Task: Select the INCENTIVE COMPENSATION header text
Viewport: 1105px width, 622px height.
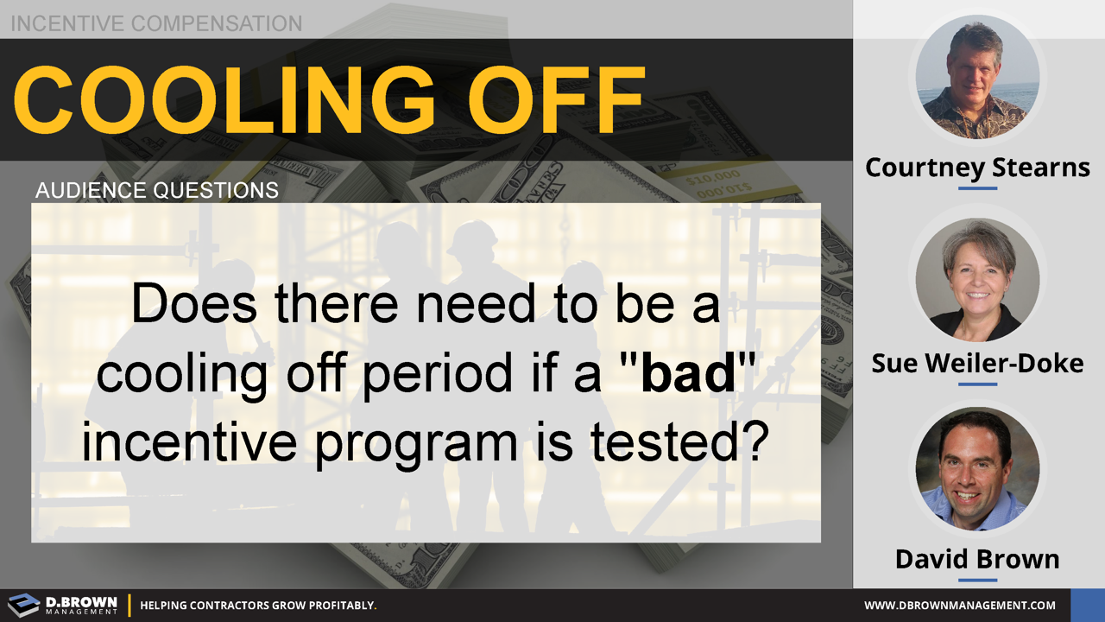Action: [x=156, y=23]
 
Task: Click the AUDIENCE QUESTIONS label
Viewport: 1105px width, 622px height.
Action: [x=157, y=191]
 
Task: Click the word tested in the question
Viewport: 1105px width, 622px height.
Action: [x=679, y=441]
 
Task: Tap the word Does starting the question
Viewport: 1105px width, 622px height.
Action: [x=194, y=303]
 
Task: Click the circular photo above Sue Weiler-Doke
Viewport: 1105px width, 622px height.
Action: [x=978, y=279]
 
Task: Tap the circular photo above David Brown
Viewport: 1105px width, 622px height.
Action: [x=978, y=469]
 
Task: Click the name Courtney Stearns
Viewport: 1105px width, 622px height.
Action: [x=978, y=168]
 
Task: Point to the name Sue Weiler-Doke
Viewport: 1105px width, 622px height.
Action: [x=978, y=364]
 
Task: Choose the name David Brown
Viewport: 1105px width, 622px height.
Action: [x=978, y=559]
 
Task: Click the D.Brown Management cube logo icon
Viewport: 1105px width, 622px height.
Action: [x=23, y=605]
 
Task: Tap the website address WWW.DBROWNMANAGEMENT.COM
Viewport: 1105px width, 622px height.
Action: [x=960, y=606]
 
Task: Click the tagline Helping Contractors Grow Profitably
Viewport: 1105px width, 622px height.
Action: [x=258, y=606]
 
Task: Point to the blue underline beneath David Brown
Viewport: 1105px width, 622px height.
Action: [x=978, y=580]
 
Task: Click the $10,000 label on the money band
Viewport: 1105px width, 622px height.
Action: [x=713, y=177]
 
